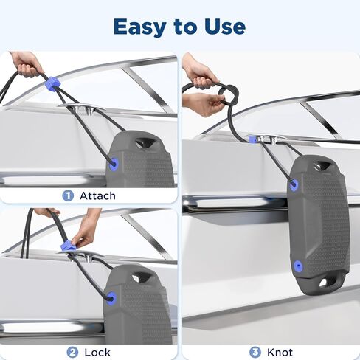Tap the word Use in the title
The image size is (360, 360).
tap(223, 27)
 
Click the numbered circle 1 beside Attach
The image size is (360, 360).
tap(68, 195)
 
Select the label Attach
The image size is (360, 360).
tap(96, 195)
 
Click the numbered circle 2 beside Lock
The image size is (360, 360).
tap(72, 352)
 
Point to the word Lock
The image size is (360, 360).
tap(97, 352)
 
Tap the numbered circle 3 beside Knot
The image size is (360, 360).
tap(254, 352)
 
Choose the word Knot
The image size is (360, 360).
tap(280, 352)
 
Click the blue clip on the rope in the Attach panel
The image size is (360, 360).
tap(52, 84)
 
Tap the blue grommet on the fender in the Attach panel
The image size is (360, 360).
tap(114, 165)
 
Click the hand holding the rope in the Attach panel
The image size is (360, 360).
tap(27, 64)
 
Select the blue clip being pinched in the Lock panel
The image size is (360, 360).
tap(69, 245)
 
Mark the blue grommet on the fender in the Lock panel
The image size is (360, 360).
tap(111, 299)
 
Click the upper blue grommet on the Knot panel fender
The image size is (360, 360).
tap(294, 184)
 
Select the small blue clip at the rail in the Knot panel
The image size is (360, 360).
tap(253, 138)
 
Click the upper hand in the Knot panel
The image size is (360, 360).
tap(200, 72)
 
